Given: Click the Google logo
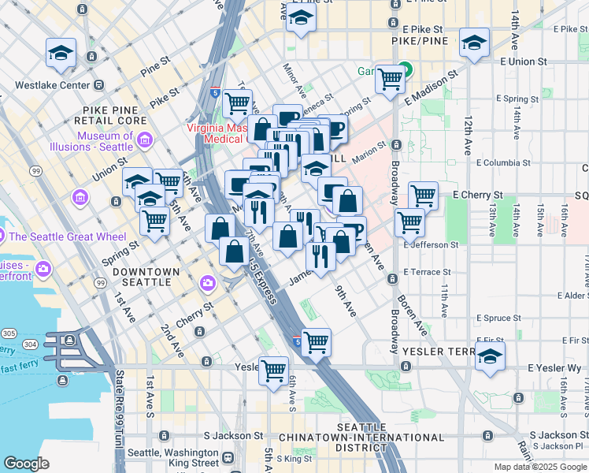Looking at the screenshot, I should (26, 464).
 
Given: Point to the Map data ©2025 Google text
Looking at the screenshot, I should (540, 467).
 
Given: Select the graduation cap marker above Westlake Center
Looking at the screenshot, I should (61, 53).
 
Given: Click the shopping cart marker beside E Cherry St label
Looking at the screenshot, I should (424, 195).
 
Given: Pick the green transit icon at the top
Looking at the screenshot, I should (404, 69).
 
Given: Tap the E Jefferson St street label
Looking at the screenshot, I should (431, 245).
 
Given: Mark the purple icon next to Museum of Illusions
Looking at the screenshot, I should (143, 141).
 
